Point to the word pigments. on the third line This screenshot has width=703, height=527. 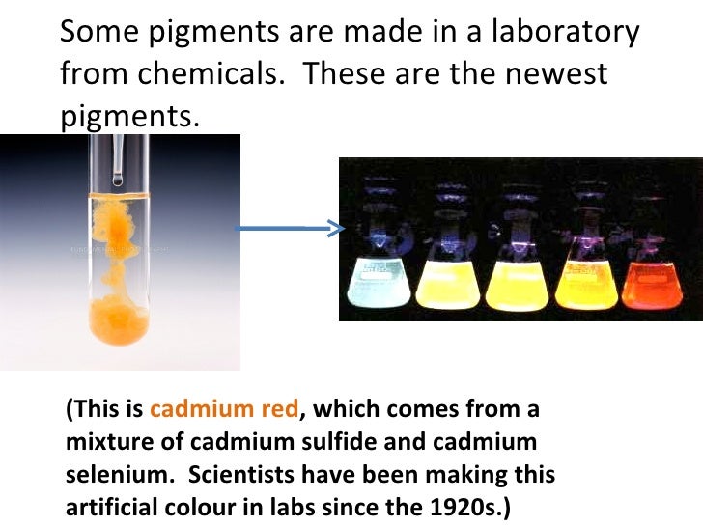(129, 117)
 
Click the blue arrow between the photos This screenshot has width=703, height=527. (290, 229)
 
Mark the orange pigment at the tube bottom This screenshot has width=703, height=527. (119, 323)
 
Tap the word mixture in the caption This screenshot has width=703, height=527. (103, 444)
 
